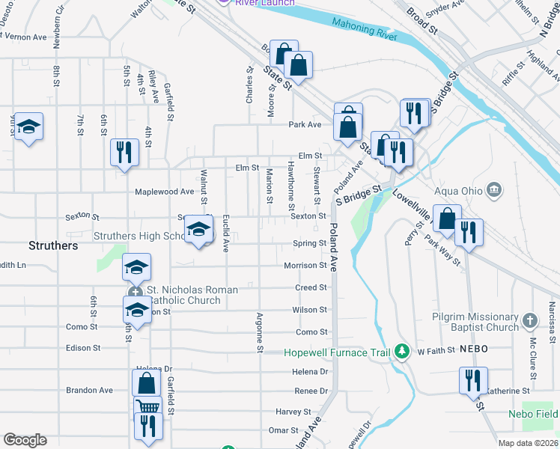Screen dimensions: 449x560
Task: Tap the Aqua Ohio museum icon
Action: click(493, 189)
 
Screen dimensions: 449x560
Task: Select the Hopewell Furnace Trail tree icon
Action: click(402, 350)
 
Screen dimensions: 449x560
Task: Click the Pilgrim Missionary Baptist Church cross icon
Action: click(529, 320)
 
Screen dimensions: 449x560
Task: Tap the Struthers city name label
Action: click(53, 245)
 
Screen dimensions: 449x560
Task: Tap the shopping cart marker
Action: click(148, 409)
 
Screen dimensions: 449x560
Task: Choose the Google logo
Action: click(25, 440)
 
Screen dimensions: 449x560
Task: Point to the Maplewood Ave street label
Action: click(165, 192)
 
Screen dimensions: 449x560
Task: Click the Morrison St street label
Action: click(305, 266)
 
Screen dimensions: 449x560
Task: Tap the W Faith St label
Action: click(436, 350)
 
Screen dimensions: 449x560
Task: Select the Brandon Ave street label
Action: click(89, 390)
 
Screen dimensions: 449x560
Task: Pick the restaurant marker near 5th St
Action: click(124, 152)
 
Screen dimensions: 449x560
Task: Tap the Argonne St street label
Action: click(260, 333)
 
